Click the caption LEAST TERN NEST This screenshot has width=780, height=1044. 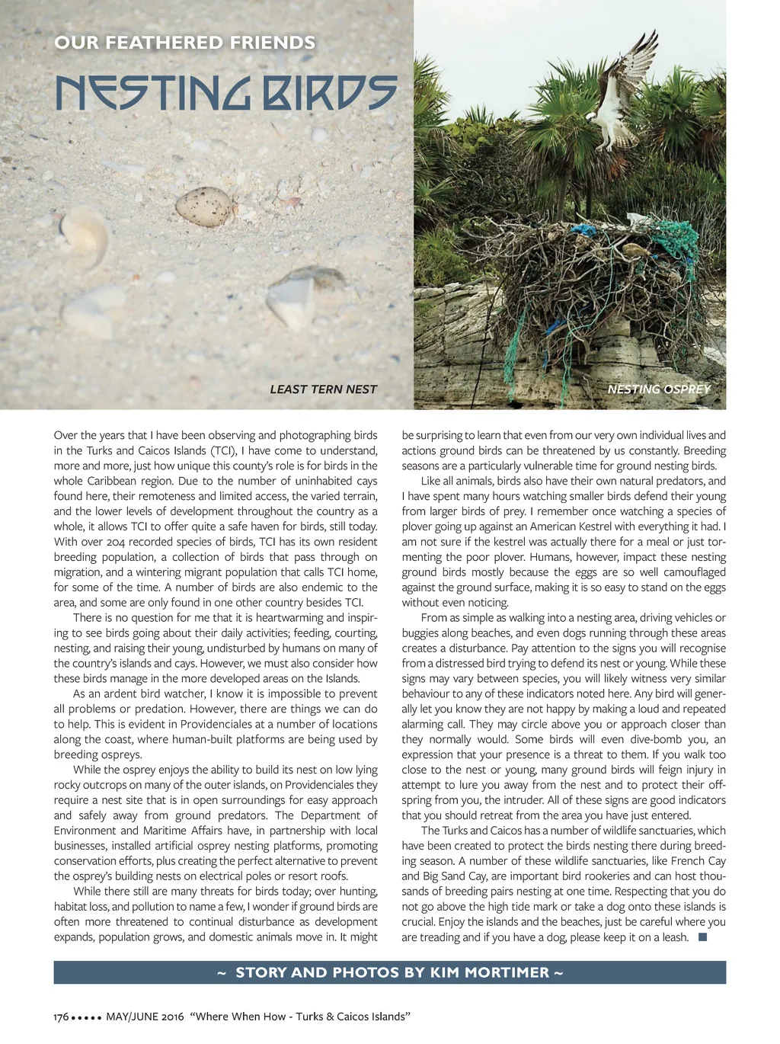[x=323, y=389]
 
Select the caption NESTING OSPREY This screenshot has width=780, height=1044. [x=658, y=389]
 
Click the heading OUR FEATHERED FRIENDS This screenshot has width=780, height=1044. [x=184, y=43]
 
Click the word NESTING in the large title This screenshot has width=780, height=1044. [x=156, y=94]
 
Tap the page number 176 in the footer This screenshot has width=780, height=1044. [x=61, y=1017]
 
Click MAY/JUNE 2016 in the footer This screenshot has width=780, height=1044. [x=145, y=1017]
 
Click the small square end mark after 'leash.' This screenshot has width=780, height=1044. [x=702, y=937]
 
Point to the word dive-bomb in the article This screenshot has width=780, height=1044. [x=668, y=739]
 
